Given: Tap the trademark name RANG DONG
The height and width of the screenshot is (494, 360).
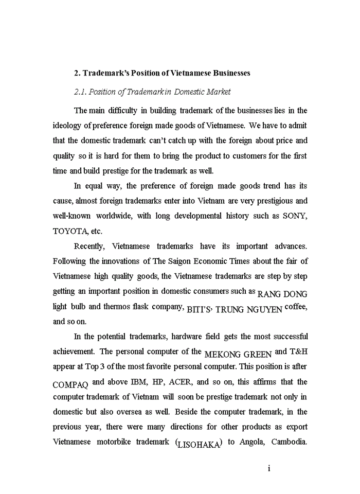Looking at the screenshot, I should [282, 294].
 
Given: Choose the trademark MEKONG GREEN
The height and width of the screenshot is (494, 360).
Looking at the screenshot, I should [238, 355].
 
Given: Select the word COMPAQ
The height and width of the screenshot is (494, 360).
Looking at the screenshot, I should [71, 385].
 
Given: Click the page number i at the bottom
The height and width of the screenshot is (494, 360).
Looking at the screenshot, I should [269, 468].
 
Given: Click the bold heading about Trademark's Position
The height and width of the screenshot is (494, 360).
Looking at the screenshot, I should [162, 73].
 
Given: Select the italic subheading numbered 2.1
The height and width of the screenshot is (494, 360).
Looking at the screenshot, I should [152, 92].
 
